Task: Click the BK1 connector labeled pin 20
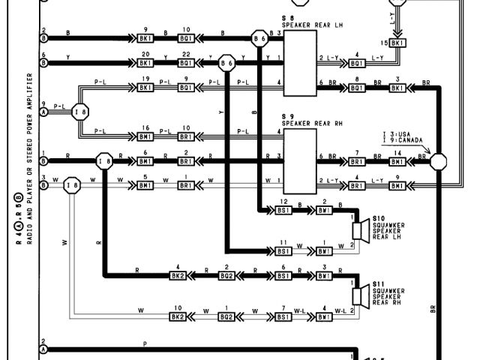[145, 64]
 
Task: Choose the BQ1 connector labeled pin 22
[186, 64]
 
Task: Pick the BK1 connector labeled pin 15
[398, 43]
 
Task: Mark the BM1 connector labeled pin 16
[145, 136]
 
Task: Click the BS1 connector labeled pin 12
[283, 211]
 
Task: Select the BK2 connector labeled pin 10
[178, 316]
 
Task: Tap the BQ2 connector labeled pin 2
[226, 275]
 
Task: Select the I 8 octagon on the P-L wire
[80, 112]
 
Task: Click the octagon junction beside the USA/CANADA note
[438, 161]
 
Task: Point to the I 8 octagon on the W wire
[72, 184]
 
